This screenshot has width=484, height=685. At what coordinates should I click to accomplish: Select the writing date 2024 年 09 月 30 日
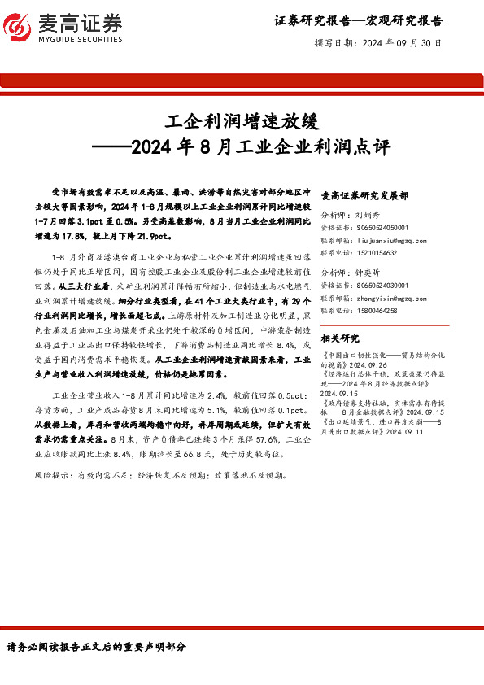coord(400,43)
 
